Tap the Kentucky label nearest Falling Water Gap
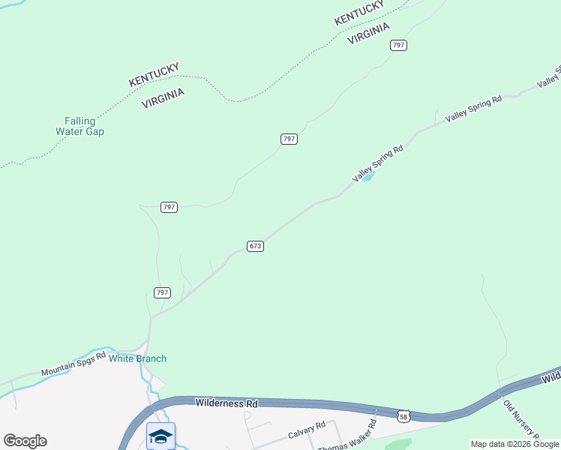154,74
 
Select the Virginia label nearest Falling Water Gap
163,97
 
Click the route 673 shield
255,246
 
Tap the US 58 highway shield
403,415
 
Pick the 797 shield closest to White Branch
163,292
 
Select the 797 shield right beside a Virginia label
399,45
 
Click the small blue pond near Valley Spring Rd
367,178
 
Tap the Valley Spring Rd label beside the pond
378,163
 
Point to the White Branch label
138,358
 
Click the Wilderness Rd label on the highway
226,403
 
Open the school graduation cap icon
160,436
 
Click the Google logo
25,441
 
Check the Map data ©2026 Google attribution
514,444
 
